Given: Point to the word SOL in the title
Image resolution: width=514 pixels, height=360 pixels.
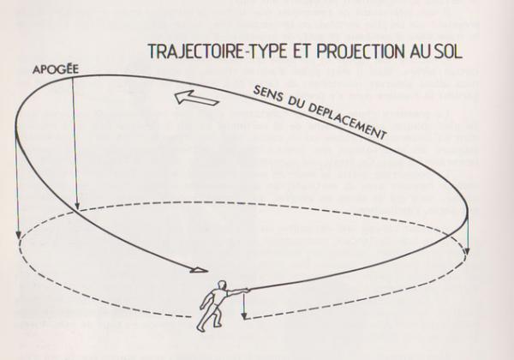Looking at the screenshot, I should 445,51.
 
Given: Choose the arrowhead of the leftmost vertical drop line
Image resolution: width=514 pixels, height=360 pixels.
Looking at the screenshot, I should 17,233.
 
